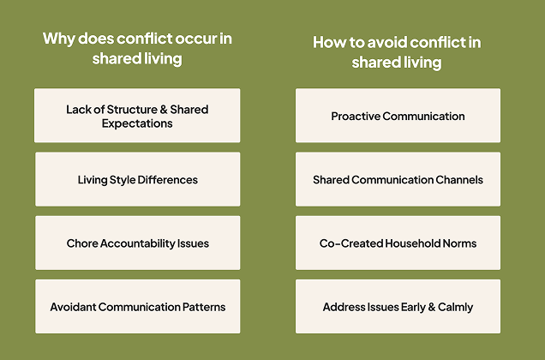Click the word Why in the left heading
58,39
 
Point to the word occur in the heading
195,39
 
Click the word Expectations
137,123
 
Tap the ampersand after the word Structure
164,110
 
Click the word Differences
168,180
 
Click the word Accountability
137,243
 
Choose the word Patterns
204,307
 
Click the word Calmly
455,308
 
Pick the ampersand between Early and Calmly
432,307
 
